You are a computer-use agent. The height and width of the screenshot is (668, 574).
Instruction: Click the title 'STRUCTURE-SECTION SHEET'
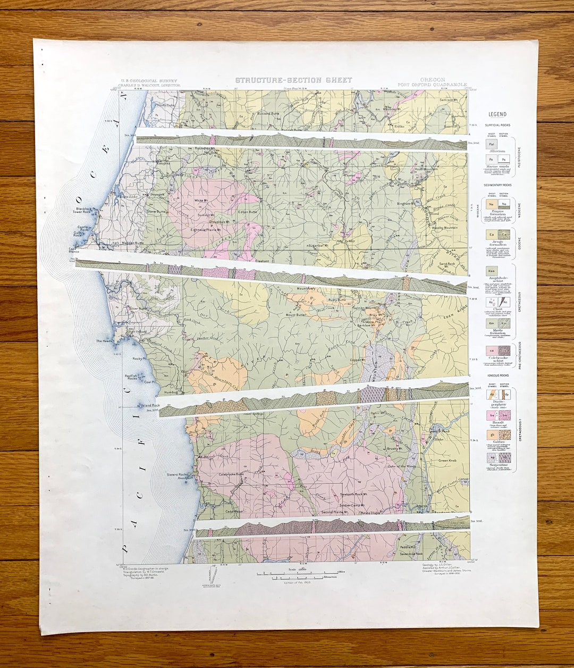coord(293,80)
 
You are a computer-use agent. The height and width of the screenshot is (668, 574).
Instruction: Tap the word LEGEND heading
coord(497,114)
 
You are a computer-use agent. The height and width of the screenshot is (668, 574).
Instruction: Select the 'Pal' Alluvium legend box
coord(493,144)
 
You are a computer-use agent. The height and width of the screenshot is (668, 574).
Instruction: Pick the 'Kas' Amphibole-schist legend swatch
coord(492,271)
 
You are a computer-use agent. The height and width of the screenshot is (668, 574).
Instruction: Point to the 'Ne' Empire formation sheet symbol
coord(492,204)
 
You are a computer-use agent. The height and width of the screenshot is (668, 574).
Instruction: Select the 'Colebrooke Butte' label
coord(231,474)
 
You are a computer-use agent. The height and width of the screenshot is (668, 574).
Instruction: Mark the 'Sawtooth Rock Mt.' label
coord(354,495)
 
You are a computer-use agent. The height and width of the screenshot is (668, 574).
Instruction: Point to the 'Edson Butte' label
coord(247,212)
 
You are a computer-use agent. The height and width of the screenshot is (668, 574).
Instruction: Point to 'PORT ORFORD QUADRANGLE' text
coord(432,85)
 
